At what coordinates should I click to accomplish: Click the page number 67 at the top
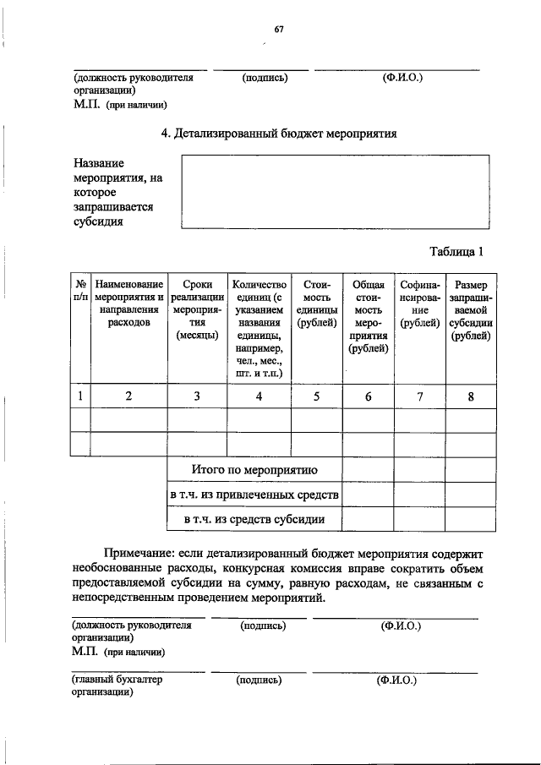pyautogui.click(x=278, y=30)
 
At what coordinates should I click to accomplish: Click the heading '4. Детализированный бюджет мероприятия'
pyautogui.click(x=279, y=134)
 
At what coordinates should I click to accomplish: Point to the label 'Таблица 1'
pyautogui.click(x=456, y=251)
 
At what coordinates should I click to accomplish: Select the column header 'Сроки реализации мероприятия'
pyautogui.click(x=197, y=310)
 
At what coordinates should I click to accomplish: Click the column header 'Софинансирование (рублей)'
pyautogui.click(x=419, y=304)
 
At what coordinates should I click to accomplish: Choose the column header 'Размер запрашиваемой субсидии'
pyautogui.click(x=472, y=310)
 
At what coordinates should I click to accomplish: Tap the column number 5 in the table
pyautogui.click(x=315, y=395)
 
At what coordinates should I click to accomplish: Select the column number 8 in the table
pyautogui.click(x=471, y=395)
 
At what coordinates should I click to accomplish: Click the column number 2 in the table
pyautogui.click(x=128, y=395)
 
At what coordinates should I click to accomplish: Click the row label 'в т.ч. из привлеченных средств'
pyautogui.click(x=254, y=494)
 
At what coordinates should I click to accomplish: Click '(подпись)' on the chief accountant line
pyautogui.click(x=260, y=679)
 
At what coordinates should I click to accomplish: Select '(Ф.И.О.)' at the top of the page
pyautogui.click(x=402, y=78)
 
